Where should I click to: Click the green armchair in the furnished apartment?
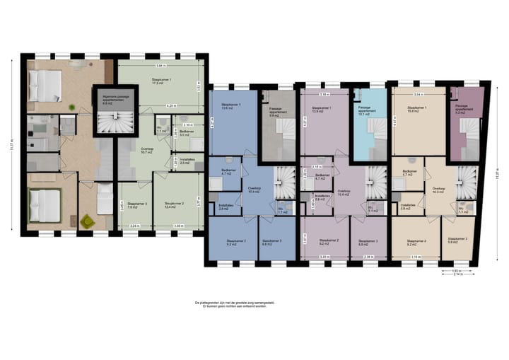pos(87,221)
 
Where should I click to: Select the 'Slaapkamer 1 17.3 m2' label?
pos(162,82)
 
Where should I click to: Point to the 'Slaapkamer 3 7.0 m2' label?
pos(132,205)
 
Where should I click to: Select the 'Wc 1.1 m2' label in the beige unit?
pos(462,210)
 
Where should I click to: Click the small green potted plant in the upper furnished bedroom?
pos(73,107)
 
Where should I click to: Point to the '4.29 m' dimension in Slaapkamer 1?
pos(171,105)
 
